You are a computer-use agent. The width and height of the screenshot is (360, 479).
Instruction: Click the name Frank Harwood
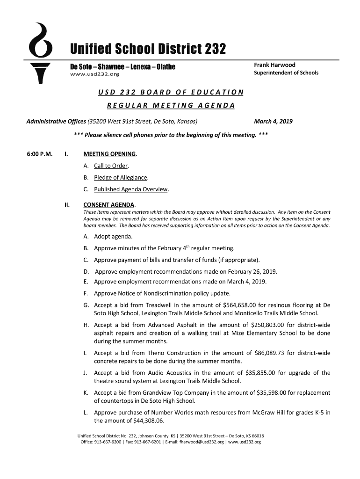(274, 65)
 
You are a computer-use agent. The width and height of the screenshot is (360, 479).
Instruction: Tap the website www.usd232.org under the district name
(94, 74)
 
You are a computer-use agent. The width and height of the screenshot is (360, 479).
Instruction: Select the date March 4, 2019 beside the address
(273, 122)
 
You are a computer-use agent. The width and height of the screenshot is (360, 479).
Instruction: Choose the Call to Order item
(111, 166)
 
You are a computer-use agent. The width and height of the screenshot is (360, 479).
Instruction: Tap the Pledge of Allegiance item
(121, 178)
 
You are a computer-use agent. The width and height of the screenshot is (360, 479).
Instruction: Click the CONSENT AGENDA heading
(109, 205)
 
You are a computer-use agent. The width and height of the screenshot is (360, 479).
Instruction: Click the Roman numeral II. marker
(67, 205)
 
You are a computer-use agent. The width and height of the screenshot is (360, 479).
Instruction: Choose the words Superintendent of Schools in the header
(286, 73)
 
